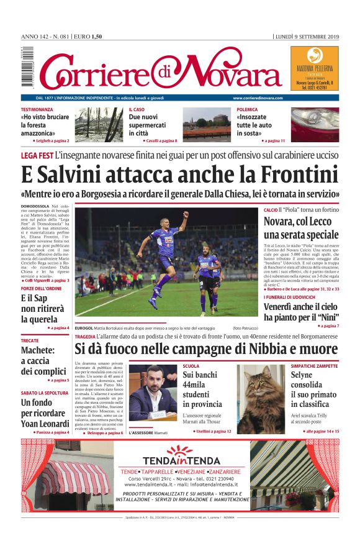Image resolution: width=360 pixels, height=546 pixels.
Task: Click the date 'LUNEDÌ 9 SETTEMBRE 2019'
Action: coord(307,37)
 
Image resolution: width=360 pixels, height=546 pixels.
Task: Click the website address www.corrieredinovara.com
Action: coord(258,98)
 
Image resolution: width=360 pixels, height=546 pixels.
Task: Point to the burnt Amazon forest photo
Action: coord(99,124)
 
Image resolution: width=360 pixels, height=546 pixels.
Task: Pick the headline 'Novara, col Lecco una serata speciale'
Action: coord(300,228)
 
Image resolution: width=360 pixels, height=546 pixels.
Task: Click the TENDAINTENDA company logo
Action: coord(181,457)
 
